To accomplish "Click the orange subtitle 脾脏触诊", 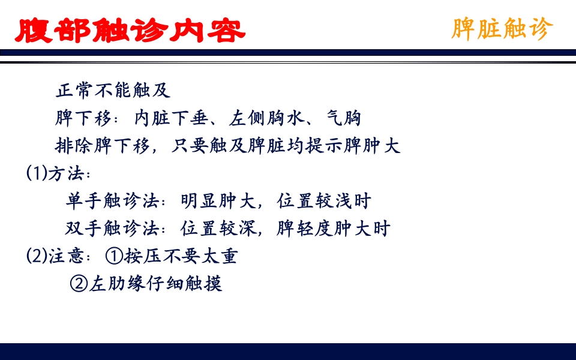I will pyautogui.click(x=502, y=28).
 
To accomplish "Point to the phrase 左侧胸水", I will pyautogui.click(x=268, y=118).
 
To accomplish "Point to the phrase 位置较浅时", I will pyautogui.click(x=324, y=201).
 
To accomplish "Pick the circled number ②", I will pyautogui.click(x=79, y=284).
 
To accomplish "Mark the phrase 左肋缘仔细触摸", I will pyautogui.click(x=155, y=284).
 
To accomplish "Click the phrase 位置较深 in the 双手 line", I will pyautogui.click(x=218, y=229).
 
